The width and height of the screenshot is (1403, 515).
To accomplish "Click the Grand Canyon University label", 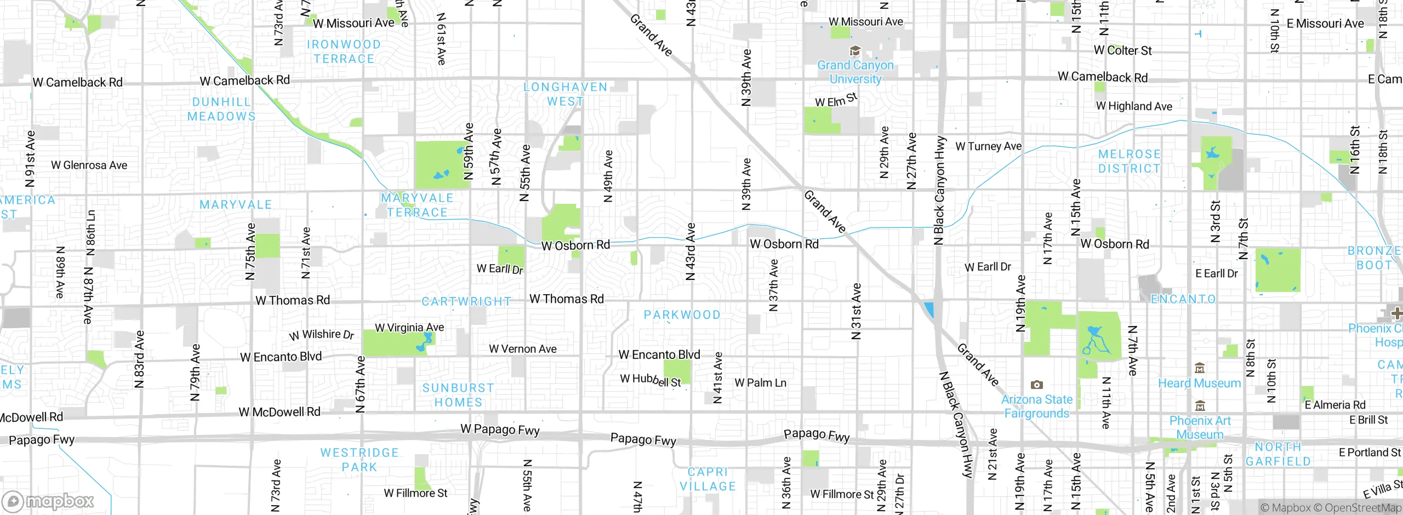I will point(855,72).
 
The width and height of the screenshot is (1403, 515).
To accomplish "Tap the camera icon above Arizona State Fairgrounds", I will point(1036,385).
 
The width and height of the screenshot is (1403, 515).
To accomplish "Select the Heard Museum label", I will point(1199,383).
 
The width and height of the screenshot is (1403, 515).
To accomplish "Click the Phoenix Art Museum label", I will point(1200,427).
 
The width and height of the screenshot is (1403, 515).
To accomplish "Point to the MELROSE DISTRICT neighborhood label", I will point(1129,162).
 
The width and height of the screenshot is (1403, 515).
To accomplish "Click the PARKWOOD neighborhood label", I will point(682,315).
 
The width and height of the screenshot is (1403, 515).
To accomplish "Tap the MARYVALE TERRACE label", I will point(417,205).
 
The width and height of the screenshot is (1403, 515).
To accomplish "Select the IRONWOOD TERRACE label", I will point(344,51).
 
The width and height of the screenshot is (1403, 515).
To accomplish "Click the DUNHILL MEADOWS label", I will point(221,109).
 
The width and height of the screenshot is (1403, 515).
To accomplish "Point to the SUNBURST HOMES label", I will point(458,395).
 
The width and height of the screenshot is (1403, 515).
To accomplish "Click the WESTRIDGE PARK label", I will point(360,460).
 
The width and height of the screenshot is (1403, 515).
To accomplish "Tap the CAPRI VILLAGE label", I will point(708,479).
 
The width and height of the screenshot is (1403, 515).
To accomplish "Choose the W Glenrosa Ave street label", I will point(89,165).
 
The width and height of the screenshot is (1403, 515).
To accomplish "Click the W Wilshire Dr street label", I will point(322,335).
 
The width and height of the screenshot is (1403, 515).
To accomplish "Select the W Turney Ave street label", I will point(988,146).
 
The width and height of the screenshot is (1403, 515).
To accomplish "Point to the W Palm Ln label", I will point(760,383).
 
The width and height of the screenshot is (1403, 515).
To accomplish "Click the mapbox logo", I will point(48,501).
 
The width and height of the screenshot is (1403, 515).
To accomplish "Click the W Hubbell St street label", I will point(651,380).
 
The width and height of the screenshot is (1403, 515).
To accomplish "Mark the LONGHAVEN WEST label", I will point(565,94).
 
